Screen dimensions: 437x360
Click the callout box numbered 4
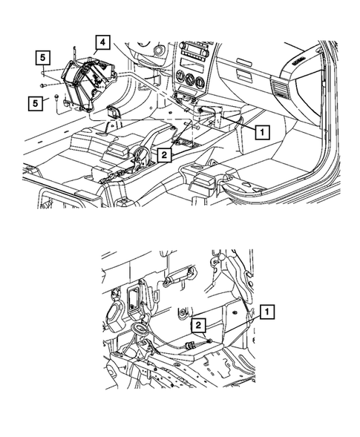point(103,41)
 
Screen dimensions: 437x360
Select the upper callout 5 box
point(44,56)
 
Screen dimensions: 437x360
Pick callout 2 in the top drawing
point(163,154)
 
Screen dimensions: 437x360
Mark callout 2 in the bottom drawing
point(198,326)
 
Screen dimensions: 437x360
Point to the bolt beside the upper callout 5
point(45,75)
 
